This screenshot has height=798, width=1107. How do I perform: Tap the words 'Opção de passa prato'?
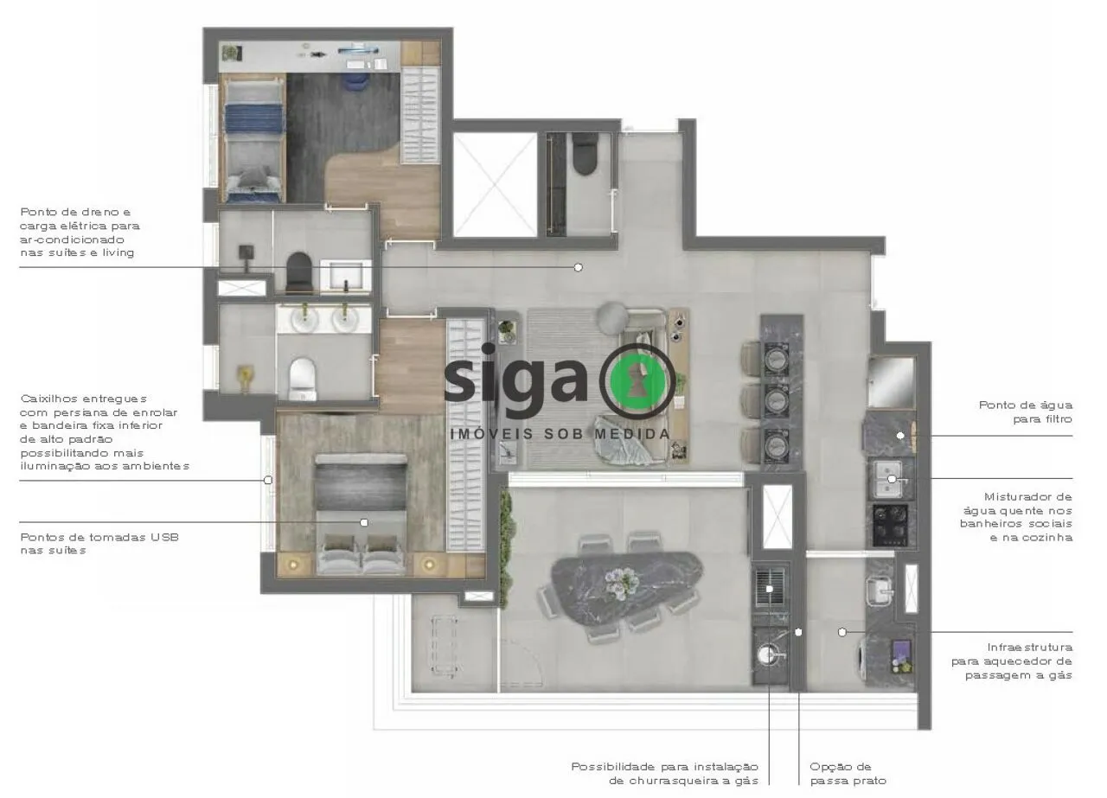click(848, 774)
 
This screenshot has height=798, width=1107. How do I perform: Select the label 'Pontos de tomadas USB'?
click(99, 537)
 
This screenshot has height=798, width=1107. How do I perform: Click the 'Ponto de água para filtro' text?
click(1026, 412)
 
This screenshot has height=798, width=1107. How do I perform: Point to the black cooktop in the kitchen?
click(890, 525)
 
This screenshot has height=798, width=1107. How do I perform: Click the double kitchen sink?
click(890, 479)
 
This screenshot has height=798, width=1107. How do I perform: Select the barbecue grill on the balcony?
click(770, 588)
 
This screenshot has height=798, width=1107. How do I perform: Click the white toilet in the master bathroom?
click(302, 379)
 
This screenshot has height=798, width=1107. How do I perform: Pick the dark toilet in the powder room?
click(585, 154)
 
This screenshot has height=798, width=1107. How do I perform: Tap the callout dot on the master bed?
click(364, 522)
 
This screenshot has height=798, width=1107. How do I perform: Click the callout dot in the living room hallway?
click(578, 267)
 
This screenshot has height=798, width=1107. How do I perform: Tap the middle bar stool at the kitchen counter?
click(753, 400)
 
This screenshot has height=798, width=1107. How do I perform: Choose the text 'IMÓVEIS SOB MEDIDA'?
click(560, 434)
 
